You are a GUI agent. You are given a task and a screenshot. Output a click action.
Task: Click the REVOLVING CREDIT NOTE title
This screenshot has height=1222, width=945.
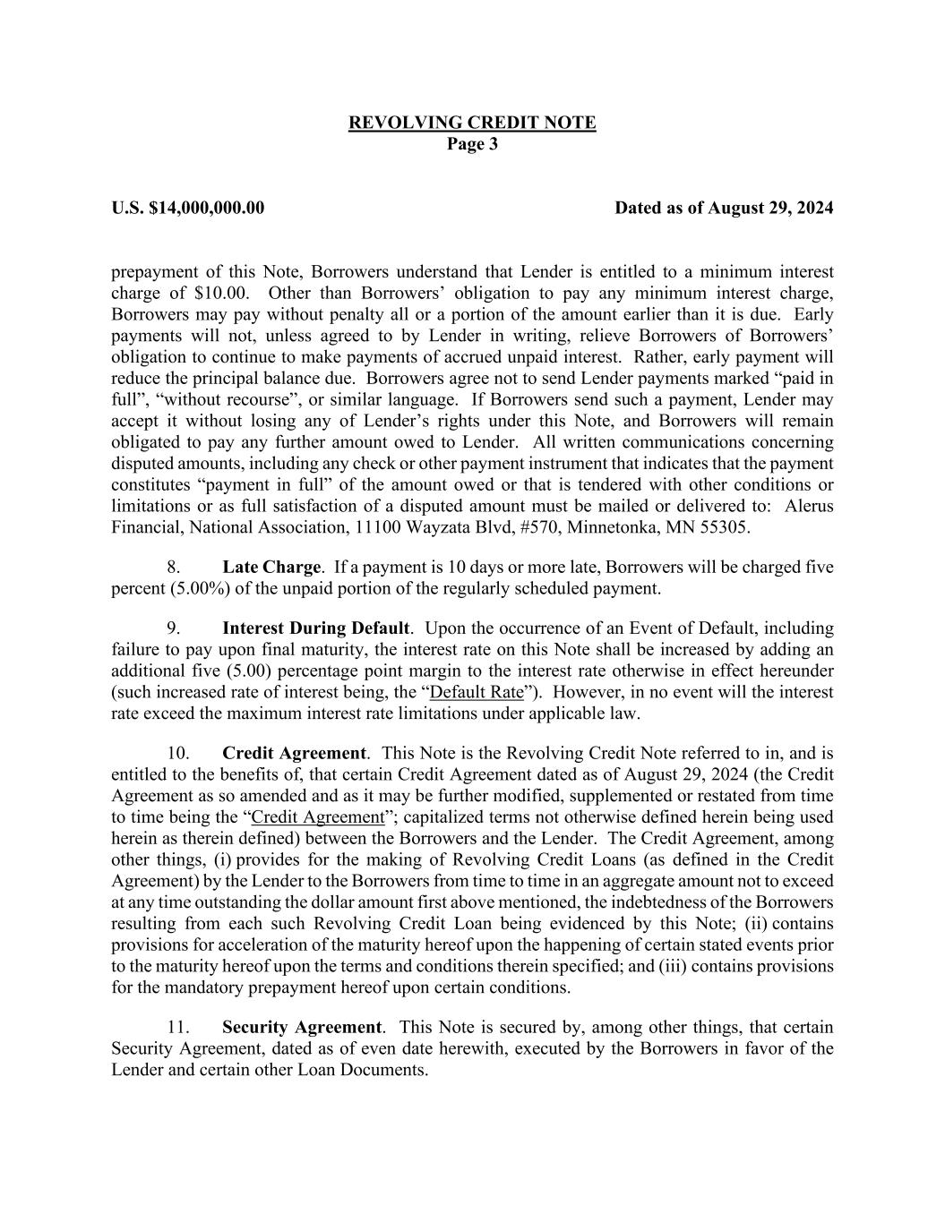(x=472, y=123)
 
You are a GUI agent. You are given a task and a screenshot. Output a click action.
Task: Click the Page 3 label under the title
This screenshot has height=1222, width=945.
(x=472, y=144)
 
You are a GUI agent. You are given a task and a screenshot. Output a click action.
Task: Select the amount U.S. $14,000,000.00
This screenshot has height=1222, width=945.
(x=188, y=209)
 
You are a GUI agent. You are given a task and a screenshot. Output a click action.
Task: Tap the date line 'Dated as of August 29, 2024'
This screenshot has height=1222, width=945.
(x=724, y=209)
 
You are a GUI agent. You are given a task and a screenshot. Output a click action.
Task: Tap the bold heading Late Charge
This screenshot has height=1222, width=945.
(x=271, y=568)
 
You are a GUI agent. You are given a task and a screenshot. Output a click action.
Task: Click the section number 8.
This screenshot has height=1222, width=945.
(x=174, y=568)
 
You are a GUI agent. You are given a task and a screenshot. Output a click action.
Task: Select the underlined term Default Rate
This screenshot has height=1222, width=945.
(x=477, y=693)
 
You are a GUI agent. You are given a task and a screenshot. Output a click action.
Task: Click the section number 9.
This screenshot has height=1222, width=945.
(x=174, y=628)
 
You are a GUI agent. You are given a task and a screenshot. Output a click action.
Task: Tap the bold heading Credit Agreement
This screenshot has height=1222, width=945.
(x=294, y=754)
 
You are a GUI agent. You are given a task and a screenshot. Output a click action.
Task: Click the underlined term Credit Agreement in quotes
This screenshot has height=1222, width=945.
(x=318, y=817)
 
